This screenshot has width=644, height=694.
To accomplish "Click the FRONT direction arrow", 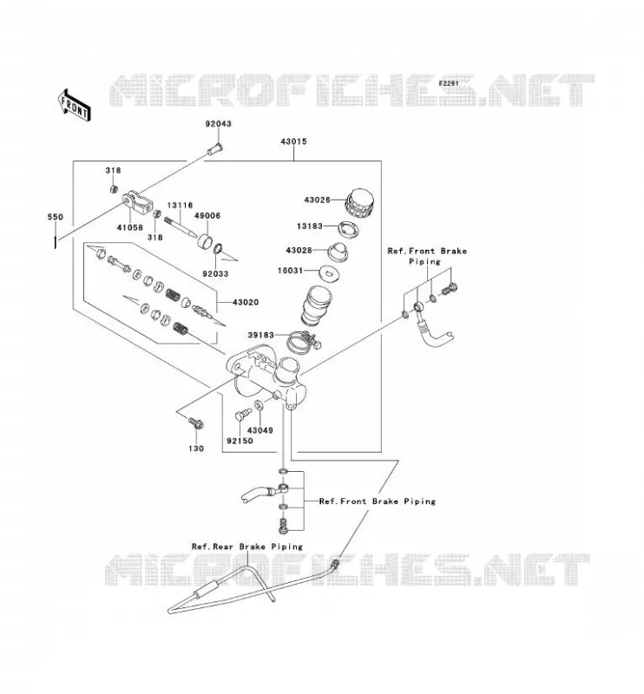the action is [75, 105].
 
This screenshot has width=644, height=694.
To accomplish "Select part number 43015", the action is [293, 141].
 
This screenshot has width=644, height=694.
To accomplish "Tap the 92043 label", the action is [218, 124].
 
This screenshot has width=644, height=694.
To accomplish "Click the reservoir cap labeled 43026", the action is [359, 204].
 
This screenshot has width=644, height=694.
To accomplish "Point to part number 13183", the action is [310, 226].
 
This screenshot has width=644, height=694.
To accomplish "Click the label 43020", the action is [246, 303].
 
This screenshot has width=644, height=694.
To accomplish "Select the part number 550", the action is [56, 217].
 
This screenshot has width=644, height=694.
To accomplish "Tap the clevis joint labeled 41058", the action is [138, 202].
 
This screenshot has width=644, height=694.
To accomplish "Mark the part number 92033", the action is [215, 274].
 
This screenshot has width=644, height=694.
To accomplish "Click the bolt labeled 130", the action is [196, 422].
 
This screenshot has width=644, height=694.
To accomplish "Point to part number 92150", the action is [240, 441].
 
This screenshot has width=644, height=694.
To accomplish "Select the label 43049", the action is [260, 430].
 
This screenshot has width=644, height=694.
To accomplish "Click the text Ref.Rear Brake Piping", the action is [247, 547].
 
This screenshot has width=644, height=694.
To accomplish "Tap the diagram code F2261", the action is [449, 83].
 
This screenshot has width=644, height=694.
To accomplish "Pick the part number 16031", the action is [290, 271].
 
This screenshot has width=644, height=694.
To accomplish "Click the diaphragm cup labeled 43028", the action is [338, 251].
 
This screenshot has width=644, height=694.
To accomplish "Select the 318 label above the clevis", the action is [113, 170].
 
